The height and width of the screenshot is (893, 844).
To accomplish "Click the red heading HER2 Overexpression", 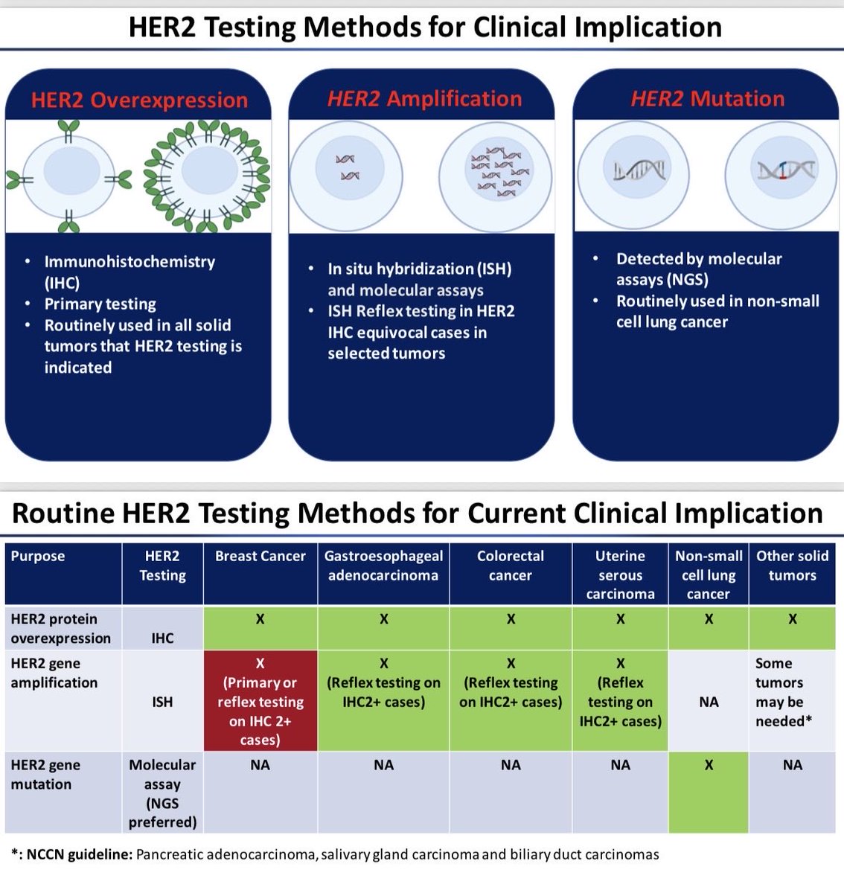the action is click(x=139, y=100).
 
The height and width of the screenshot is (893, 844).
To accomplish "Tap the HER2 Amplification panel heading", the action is click(x=424, y=98).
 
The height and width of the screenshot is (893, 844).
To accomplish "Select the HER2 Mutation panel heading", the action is click(x=707, y=98).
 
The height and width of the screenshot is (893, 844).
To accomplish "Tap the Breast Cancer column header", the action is click(x=260, y=556).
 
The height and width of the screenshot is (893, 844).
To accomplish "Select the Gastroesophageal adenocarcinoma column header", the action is click(x=383, y=566).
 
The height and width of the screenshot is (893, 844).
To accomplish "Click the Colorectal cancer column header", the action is click(x=511, y=566).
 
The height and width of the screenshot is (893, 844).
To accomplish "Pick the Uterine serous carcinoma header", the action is click(x=620, y=574).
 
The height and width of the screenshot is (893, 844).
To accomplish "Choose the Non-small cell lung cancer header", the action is click(x=709, y=574).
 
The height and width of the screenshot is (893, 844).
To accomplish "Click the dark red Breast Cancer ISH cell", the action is click(x=260, y=701).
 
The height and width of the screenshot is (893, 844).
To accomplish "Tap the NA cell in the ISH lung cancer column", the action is click(x=709, y=701).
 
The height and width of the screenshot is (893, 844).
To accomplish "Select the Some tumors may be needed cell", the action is click(x=792, y=692).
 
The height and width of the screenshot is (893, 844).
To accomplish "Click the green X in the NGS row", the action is click(x=709, y=765).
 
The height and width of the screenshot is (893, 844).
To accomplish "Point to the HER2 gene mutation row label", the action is click(x=46, y=774).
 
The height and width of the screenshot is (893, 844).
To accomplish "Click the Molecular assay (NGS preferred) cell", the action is click(x=162, y=793).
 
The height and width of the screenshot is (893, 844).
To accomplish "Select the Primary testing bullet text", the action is click(x=100, y=304).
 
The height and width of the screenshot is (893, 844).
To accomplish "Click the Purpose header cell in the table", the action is click(x=38, y=556).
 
